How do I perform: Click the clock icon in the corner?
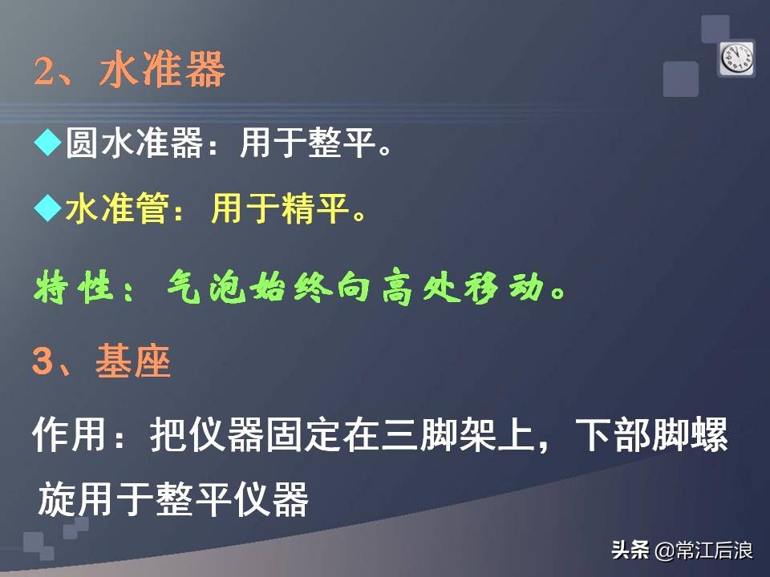[736, 58]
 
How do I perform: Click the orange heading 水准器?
[163, 71]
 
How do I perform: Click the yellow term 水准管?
[118, 210]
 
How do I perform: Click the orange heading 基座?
[133, 363]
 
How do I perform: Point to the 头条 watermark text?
[630, 551]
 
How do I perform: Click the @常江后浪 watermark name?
[703, 551]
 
